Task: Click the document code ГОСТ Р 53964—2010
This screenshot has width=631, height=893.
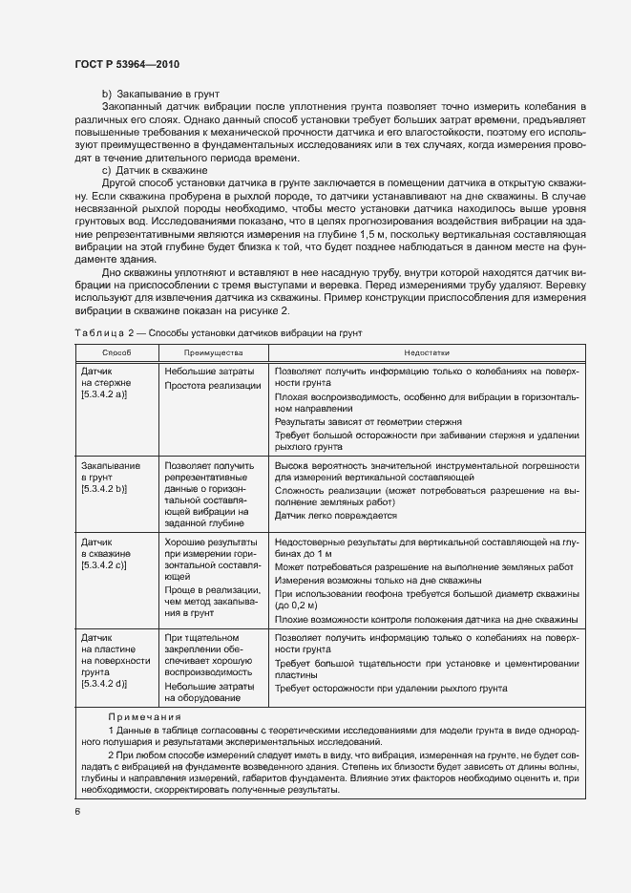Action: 127,64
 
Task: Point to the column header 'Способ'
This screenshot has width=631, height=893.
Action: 116,352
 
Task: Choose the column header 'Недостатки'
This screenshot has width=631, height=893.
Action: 425,352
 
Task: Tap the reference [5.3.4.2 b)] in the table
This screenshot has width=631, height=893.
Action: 105,488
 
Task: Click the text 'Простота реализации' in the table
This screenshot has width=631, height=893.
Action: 212,385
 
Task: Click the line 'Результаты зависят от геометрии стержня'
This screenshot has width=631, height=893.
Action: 368,421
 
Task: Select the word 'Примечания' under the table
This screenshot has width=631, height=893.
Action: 142,715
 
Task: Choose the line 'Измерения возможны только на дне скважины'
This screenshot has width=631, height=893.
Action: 377,580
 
